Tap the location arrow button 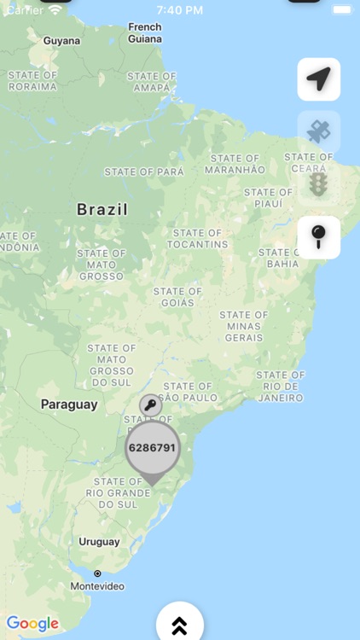319,79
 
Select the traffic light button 319,184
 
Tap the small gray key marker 151,405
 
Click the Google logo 33,624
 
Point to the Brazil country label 102,209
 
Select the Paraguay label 69,404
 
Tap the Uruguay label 99,541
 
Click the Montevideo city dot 97,573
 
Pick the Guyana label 61,41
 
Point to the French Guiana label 144,32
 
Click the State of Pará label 144,172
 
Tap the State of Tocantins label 197,238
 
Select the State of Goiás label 178,296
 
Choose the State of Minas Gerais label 244,326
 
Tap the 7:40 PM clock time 179,10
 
